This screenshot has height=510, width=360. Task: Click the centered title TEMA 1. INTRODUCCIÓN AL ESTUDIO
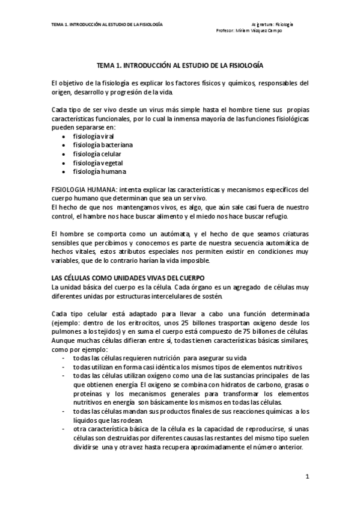[x=180, y=63]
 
